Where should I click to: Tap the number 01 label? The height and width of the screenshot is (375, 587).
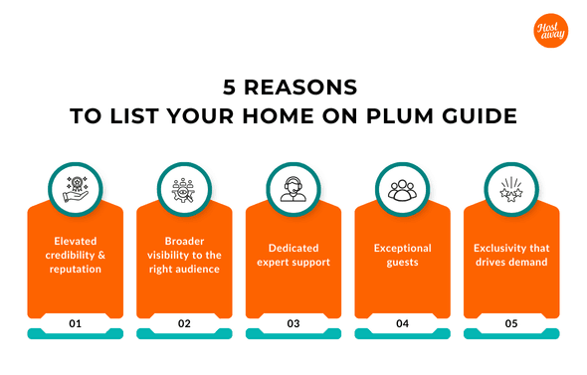(x=75, y=322)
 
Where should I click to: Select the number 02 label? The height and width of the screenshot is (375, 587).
(x=184, y=322)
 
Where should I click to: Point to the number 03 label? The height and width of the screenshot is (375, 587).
(x=293, y=322)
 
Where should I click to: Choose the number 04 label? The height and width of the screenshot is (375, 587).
(x=402, y=322)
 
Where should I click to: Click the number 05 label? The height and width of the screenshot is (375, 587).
(x=511, y=322)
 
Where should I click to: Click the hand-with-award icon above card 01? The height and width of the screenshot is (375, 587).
(x=75, y=186)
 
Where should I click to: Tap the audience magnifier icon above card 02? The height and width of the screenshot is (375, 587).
(x=184, y=186)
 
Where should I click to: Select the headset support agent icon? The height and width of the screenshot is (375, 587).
(x=293, y=186)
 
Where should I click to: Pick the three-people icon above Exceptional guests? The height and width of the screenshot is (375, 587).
(x=402, y=186)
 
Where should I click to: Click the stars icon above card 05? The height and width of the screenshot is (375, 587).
(x=511, y=186)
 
